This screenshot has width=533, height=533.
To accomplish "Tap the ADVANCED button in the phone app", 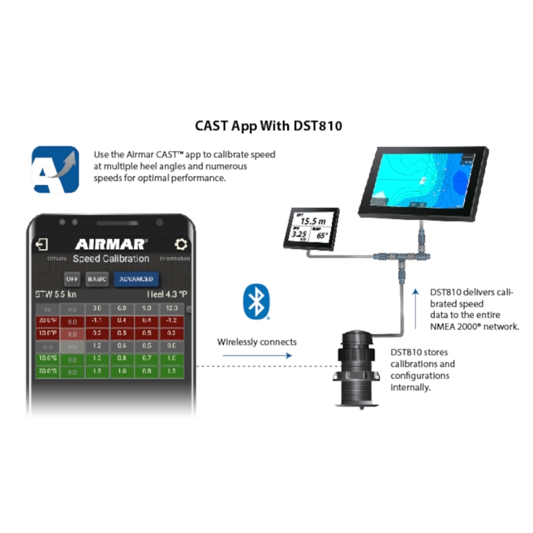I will click(136, 279).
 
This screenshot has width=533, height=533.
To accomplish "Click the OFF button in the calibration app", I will click(72, 279).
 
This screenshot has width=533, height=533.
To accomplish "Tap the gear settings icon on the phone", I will click(181, 244).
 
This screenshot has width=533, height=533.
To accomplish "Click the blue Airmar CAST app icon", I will click(56, 169).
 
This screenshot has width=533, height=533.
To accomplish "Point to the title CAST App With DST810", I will click(268, 126).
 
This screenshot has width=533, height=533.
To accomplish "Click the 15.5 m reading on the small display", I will click(313, 221).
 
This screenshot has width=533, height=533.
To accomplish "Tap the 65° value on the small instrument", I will click(322, 235).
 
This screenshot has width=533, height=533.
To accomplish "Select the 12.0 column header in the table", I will click(171, 309).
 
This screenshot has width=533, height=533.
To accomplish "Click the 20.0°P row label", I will click(48, 320).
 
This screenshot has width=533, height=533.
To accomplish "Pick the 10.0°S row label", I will click(48, 359).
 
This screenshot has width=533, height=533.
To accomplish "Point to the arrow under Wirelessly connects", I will click(257, 355).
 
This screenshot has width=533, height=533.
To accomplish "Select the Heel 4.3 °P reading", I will click(167, 294).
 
